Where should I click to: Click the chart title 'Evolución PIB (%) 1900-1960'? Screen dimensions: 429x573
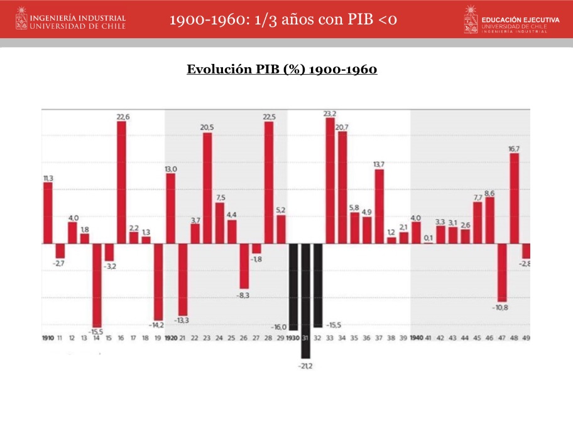point(281,69)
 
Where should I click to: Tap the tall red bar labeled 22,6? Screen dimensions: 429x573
point(121,182)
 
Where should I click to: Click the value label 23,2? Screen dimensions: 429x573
point(330,114)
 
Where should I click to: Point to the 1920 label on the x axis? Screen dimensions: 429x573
point(170,338)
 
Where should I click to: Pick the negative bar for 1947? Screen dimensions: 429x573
point(502,272)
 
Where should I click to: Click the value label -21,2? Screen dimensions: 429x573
point(305,366)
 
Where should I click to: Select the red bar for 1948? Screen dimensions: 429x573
point(514,198)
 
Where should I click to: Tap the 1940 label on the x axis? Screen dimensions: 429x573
point(416,338)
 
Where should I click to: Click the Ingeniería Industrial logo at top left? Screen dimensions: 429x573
point(70,19)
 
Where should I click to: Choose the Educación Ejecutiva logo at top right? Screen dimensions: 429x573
point(511,19)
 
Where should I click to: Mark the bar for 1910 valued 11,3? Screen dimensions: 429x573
point(48,213)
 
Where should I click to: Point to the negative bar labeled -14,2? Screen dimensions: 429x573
point(158,282)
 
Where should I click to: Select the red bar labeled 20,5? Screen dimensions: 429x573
point(207,188)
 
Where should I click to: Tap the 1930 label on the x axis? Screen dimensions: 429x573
point(293,338)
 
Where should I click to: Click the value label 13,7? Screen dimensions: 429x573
point(379,164)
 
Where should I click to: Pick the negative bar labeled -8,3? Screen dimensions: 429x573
point(244,266)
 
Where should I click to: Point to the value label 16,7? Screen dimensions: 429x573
point(514,149)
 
